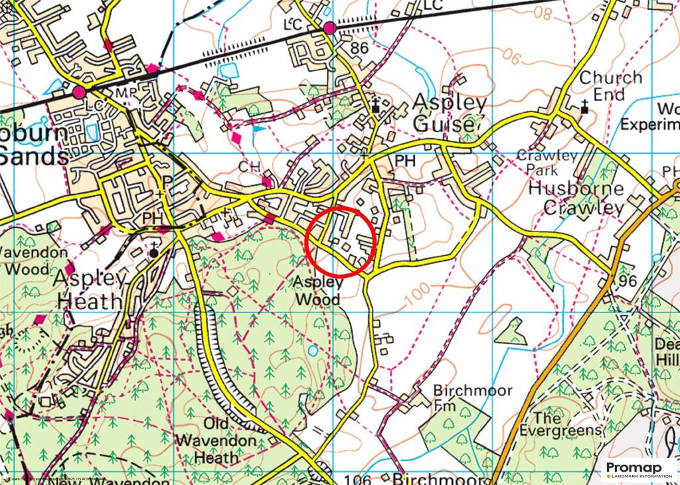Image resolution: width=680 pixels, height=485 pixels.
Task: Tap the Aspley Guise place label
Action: point(450,113)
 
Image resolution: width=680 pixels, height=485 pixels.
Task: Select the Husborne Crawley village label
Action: point(576,197)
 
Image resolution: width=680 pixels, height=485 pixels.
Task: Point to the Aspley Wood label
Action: point(317,290)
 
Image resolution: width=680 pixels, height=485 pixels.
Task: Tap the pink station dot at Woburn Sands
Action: point(80,92)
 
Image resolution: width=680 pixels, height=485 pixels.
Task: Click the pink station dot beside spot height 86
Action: point(330,27)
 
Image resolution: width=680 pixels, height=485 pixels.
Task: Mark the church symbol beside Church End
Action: point(584,106)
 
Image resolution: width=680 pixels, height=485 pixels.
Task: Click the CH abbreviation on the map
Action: point(249,166)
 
